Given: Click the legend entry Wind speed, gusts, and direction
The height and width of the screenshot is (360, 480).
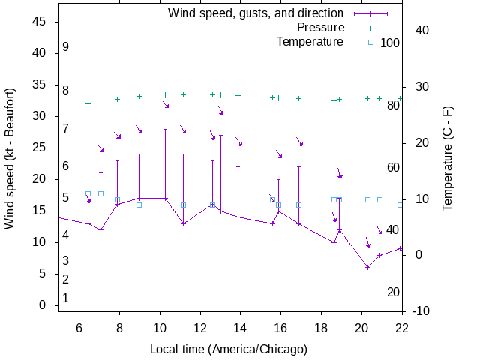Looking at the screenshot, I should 256,13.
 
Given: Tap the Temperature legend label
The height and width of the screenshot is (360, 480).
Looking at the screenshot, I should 310,42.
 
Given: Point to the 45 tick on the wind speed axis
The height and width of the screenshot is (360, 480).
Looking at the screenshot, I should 40,22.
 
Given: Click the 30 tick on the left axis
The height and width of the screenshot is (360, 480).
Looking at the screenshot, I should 40,116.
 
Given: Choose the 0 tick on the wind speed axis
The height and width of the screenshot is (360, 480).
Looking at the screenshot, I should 43,305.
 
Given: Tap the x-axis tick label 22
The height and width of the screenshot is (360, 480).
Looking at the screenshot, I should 402,328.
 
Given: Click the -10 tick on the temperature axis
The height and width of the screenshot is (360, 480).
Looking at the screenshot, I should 421,311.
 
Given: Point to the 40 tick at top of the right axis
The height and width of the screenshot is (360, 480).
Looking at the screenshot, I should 421,31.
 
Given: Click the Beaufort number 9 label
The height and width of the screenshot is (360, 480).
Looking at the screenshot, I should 66,47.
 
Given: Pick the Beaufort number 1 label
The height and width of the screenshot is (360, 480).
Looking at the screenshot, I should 66,298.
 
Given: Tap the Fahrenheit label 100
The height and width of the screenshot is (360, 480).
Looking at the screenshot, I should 390,43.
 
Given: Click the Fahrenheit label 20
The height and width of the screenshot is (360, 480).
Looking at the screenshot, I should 393,292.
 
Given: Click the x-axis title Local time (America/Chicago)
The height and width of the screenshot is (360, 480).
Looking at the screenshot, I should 229,349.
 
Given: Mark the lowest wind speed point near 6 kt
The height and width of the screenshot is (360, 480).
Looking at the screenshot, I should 367,267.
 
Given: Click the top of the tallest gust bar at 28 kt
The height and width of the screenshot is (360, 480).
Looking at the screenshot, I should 166,129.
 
